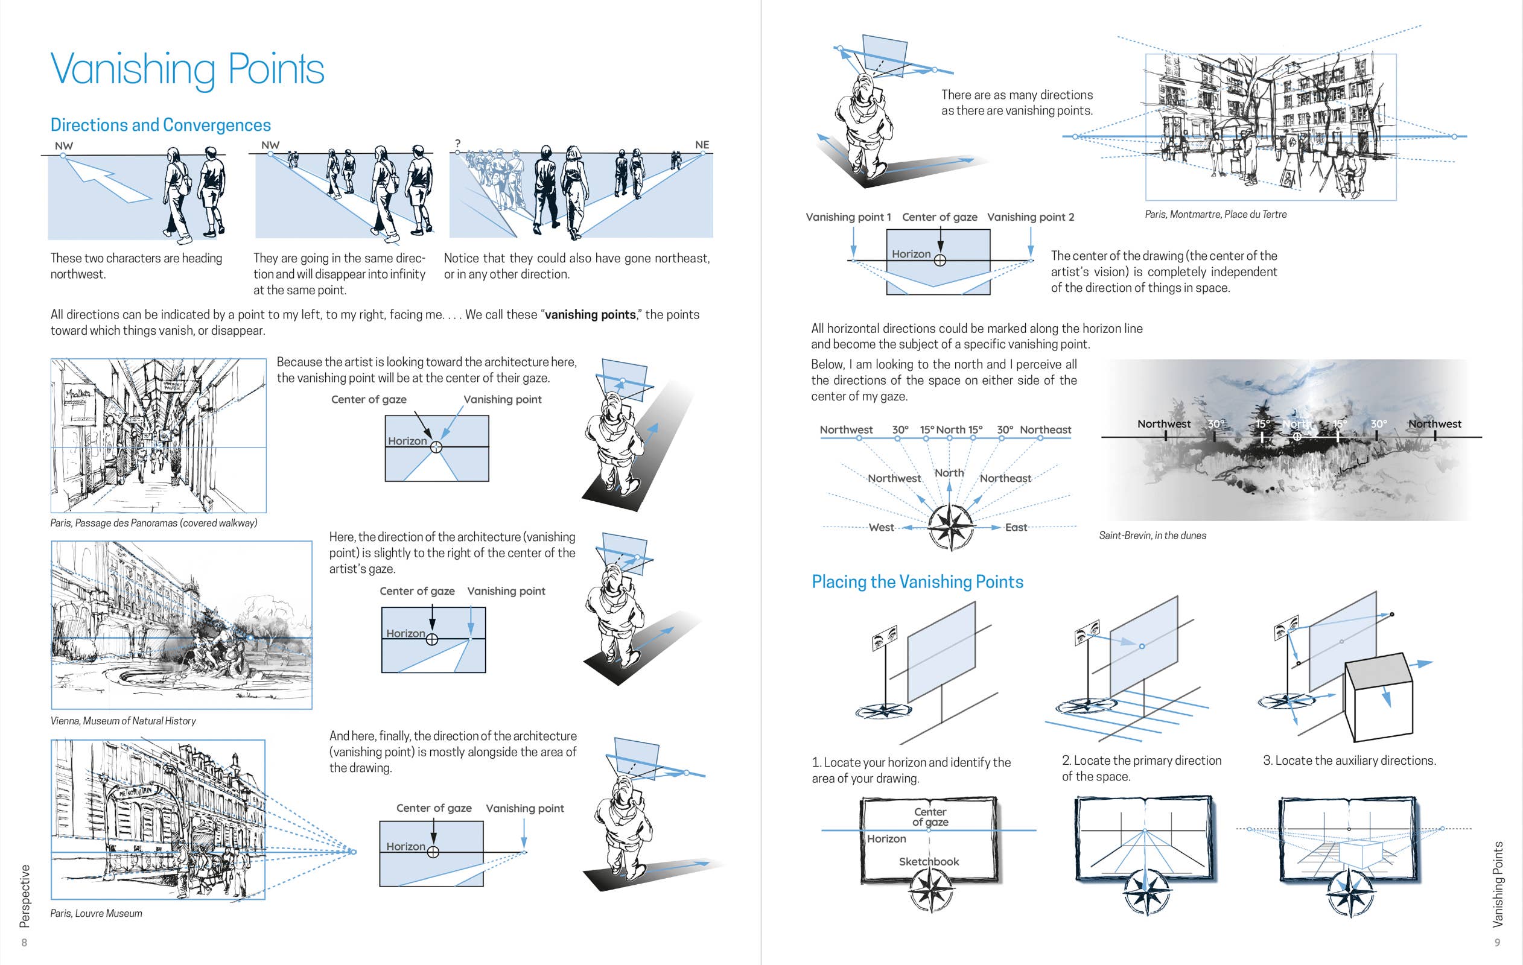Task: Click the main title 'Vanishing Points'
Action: [187, 69]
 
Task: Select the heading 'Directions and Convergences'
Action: [161, 125]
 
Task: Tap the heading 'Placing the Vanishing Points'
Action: [917, 582]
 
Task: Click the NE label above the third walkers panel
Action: [702, 145]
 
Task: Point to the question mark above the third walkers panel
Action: [457, 144]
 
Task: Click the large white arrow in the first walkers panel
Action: [107, 180]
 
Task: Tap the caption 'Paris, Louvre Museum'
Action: [96, 913]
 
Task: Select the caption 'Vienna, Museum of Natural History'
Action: [123, 721]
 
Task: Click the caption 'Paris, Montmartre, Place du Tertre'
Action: [1216, 214]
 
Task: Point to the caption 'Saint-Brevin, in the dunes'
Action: [1153, 536]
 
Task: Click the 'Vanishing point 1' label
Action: [848, 217]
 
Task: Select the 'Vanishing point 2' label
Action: [1030, 217]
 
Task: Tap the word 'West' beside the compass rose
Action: [881, 527]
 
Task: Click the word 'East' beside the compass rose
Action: [1016, 527]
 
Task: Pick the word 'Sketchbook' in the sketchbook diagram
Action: [929, 861]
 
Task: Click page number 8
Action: [24, 942]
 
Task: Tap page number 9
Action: [1497, 942]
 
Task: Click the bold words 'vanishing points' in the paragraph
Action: [590, 314]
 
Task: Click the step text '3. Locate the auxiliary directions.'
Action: [1349, 760]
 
